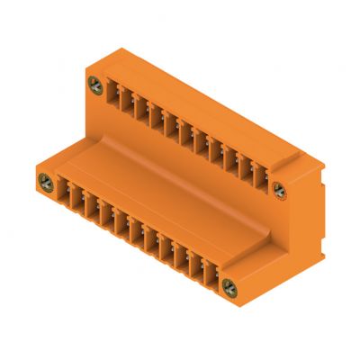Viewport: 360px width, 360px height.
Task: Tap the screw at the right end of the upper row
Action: (279, 190)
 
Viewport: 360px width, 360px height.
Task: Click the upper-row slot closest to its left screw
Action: (113, 93)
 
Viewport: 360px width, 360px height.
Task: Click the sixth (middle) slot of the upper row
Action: (187, 133)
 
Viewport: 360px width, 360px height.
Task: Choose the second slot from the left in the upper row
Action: (128, 101)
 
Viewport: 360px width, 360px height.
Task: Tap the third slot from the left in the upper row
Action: (143, 109)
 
